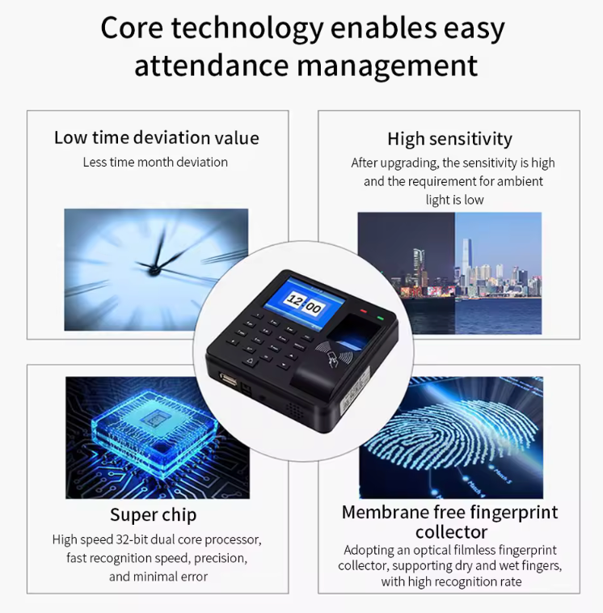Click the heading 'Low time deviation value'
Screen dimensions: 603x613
[156, 137]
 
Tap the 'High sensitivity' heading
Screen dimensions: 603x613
[449, 139]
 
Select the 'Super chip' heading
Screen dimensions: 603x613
[154, 515]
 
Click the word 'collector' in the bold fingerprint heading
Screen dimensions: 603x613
[451, 532]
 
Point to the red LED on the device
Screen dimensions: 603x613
[364, 311]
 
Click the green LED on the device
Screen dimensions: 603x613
[380, 319]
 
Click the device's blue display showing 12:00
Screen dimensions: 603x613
[305, 303]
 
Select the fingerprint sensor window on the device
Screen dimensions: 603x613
[353, 330]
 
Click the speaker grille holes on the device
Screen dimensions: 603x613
[295, 409]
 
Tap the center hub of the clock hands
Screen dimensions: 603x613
[154, 269]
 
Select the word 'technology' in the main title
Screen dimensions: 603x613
[248, 29]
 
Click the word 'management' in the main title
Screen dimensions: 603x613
[387, 66]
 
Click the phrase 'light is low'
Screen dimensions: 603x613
[454, 200]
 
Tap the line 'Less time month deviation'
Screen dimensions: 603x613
[155, 163]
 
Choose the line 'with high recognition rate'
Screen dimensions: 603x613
[451, 581]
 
